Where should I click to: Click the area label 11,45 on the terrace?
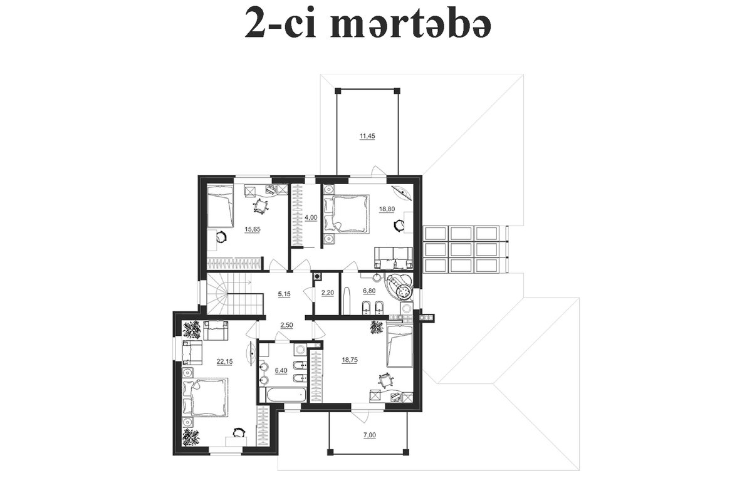367,137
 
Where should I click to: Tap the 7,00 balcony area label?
369,435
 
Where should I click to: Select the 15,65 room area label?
253,229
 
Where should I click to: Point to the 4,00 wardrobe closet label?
311,217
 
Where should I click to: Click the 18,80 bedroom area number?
387,209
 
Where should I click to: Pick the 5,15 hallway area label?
285,294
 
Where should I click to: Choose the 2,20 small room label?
328,293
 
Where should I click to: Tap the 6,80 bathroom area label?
369,291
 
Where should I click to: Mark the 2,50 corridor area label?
287,325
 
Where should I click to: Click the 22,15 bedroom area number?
224,362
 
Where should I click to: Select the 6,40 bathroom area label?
281,371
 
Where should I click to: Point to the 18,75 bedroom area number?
350,360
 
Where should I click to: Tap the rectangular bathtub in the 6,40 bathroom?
287,395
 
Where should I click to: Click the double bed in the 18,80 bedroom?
347,213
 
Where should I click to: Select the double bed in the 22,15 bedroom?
205,397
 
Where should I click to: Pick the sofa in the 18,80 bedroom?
394,258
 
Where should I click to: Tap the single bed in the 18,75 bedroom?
400,346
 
